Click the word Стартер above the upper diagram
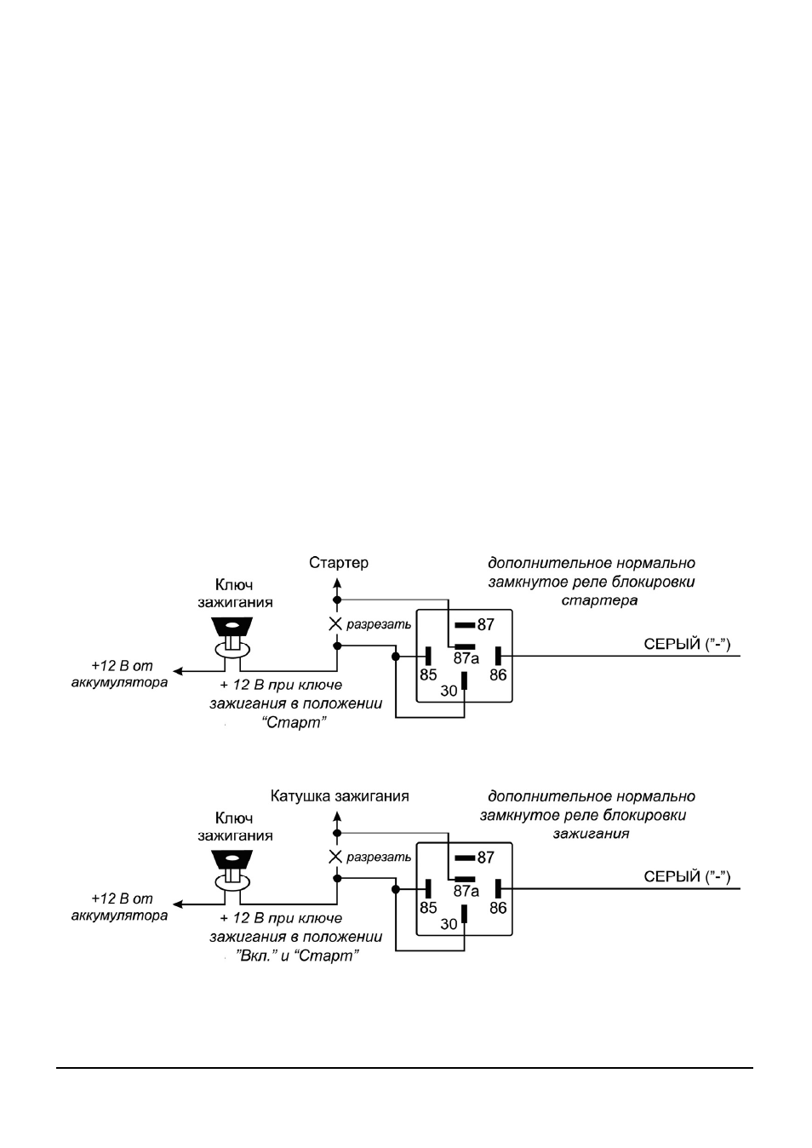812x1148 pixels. (338, 563)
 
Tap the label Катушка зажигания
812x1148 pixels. (339, 795)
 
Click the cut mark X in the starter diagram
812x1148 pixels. (335, 623)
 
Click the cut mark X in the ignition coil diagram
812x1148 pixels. (335, 857)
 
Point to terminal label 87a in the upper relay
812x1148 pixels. (466, 658)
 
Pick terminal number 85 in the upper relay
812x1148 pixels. (428, 674)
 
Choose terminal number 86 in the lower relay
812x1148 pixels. (498, 908)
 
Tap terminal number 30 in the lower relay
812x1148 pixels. (449, 924)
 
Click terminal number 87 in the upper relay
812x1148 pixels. (486, 624)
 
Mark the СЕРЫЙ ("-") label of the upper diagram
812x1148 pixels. (687, 644)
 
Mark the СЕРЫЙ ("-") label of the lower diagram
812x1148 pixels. (687, 876)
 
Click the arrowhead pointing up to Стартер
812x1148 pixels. (337, 583)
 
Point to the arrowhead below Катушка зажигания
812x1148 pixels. (337, 816)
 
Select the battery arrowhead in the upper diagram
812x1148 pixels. (178, 671)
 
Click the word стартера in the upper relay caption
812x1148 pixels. (599, 600)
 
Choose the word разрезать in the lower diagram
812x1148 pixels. (379, 857)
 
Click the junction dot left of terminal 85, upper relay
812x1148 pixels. (396, 656)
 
